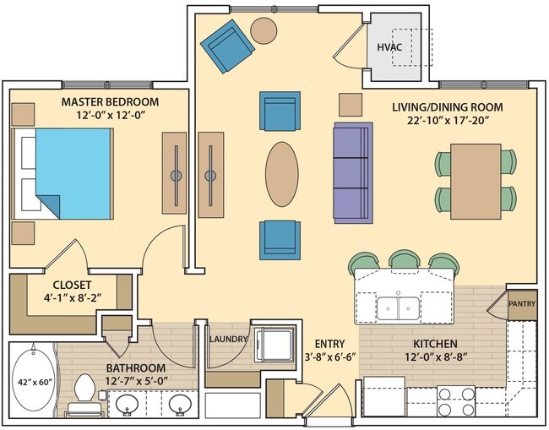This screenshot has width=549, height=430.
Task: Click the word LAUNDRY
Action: point(228,340)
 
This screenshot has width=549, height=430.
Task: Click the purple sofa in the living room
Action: point(352,173)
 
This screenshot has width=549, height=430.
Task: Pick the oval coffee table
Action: point(281,174)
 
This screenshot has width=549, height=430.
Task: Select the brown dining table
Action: point(475,178)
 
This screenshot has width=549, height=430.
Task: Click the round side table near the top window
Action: point(264,30)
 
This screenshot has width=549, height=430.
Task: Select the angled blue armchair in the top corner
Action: point(226,46)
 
